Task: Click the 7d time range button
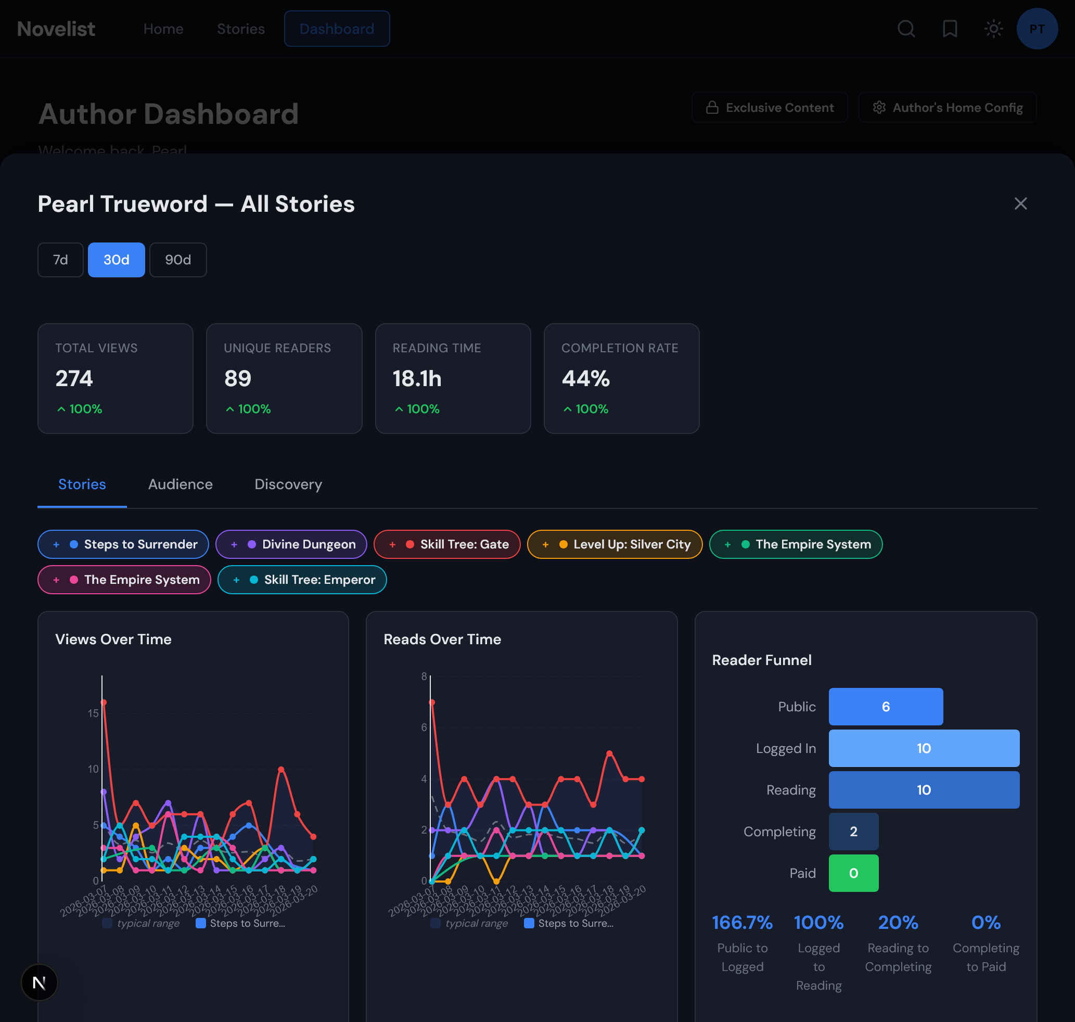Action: click(x=60, y=260)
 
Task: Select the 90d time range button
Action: click(x=177, y=260)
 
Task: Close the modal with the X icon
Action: click(x=1020, y=204)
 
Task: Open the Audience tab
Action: click(x=181, y=484)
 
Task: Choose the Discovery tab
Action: click(x=288, y=484)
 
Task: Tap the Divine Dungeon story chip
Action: click(x=291, y=544)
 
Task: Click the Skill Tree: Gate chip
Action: click(x=447, y=544)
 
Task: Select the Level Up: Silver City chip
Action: click(x=615, y=544)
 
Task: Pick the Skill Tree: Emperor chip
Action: click(x=302, y=580)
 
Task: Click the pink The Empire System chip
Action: click(x=124, y=580)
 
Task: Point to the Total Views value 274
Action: click(x=74, y=379)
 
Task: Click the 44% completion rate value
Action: click(x=585, y=379)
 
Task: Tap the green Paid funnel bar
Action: click(x=853, y=873)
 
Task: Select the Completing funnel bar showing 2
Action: click(x=853, y=832)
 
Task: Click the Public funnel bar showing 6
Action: click(x=886, y=707)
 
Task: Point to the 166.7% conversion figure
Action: click(x=742, y=923)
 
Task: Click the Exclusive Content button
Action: click(x=770, y=108)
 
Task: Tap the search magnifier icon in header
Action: click(x=906, y=29)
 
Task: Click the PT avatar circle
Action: click(x=1037, y=29)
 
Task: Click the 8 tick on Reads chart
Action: click(x=424, y=676)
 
